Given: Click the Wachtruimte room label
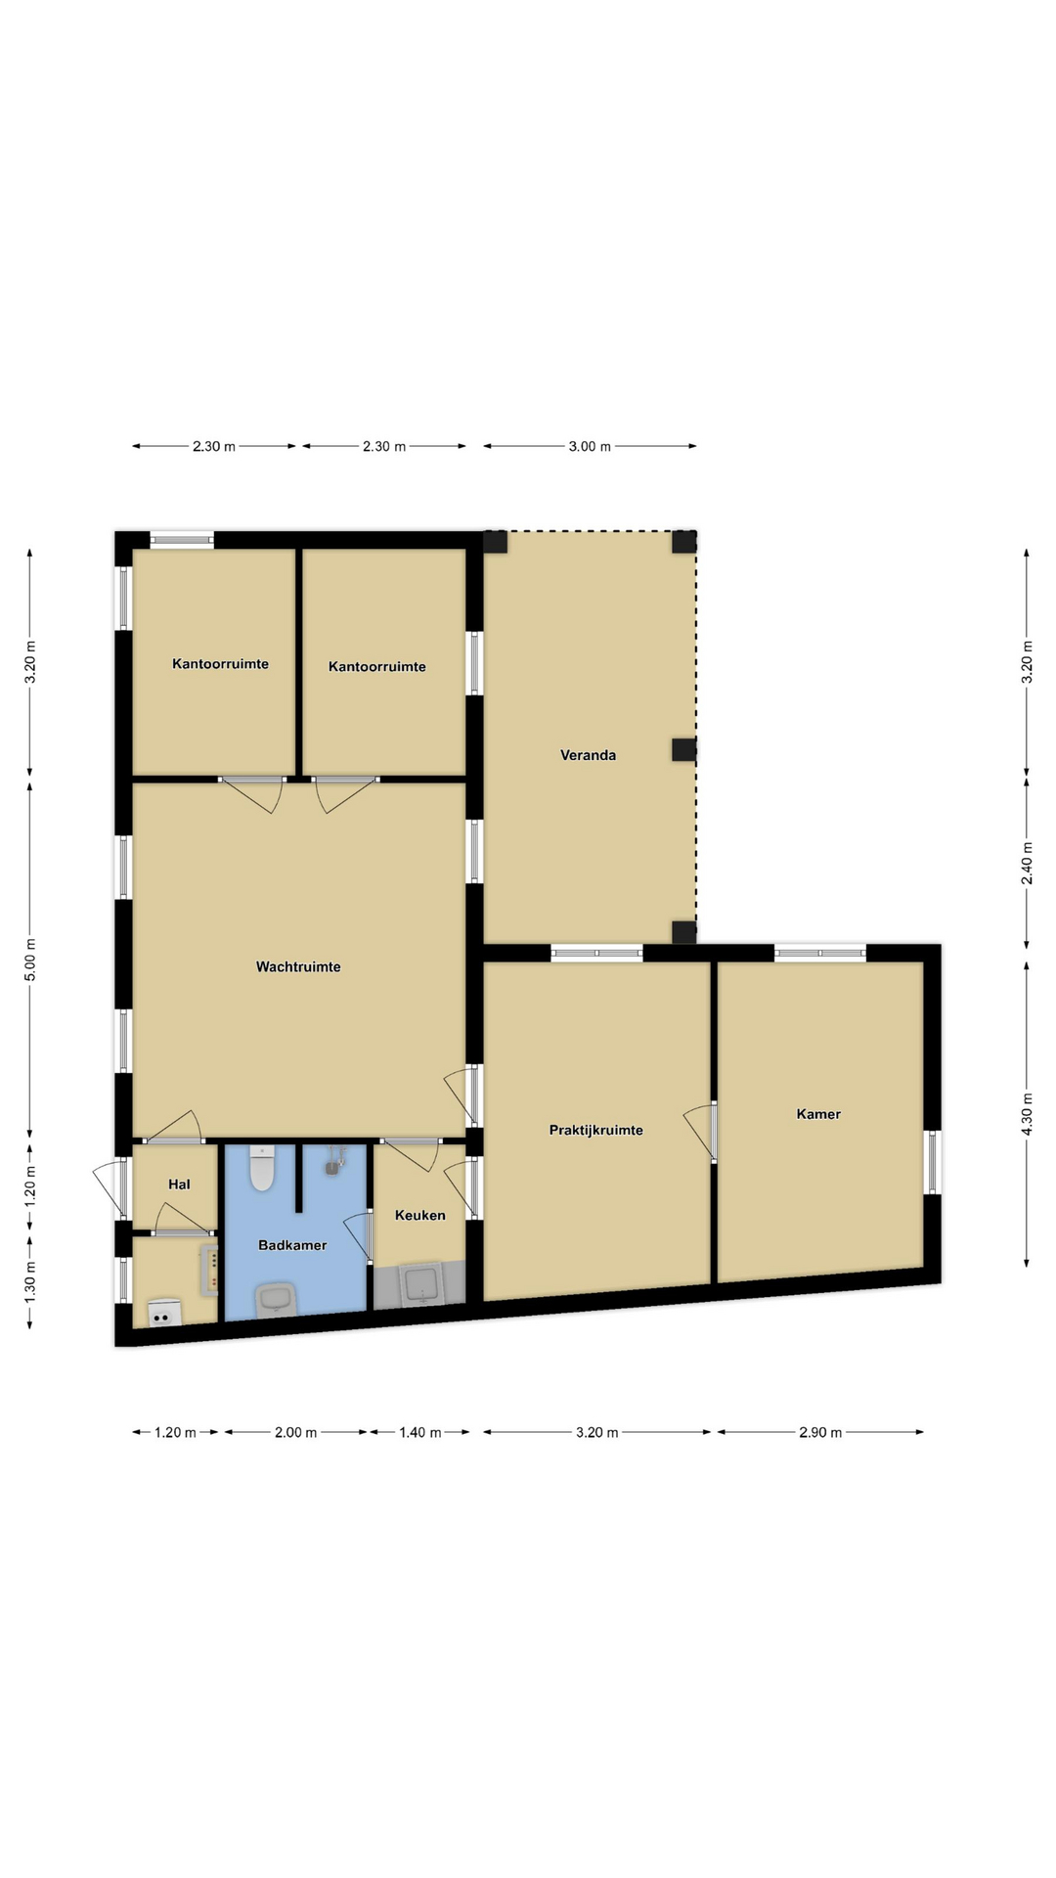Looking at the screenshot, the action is click(298, 967).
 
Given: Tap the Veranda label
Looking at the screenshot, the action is click(588, 755).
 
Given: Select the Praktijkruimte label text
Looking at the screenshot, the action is click(595, 1131).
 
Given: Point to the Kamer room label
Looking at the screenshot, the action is click(818, 1114).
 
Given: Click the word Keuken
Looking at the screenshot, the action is click(420, 1216).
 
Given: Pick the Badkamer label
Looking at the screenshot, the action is click(292, 1245).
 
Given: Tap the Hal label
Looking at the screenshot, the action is click(179, 1185).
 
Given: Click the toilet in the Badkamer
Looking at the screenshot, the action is click(262, 1168).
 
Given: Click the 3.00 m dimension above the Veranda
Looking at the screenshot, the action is click(590, 446).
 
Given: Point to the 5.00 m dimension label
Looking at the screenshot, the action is click(30, 960).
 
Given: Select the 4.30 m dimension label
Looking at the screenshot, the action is click(1027, 1113).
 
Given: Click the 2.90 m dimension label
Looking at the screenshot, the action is click(820, 1432).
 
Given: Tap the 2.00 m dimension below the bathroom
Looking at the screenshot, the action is click(295, 1432).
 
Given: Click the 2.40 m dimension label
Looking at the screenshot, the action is click(1027, 864).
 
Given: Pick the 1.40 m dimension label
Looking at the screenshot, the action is click(420, 1432).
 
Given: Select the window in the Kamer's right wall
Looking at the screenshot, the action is click(932, 1162).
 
